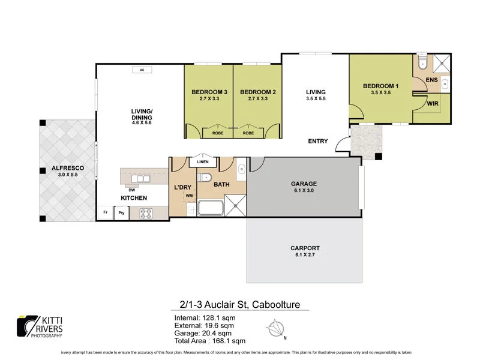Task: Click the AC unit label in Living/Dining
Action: [142, 70]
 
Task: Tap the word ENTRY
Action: [317, 142]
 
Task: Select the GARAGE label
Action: [304, 184]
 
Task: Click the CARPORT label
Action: [304, 248]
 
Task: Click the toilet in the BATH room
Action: [205, 176]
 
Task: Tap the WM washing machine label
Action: [188, 196]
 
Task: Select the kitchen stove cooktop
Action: [146, 212]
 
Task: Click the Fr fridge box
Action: [105, 212]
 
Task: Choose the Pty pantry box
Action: [121, 212]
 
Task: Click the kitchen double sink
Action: [142, 178]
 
